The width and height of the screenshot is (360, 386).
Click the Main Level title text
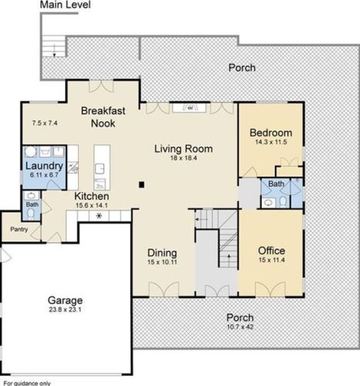[65, 5]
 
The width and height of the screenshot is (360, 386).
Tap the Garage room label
[65, 300]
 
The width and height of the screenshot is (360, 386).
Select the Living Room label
[183, 149]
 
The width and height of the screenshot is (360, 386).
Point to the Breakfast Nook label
[103, 117]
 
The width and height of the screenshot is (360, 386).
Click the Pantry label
[19, 229]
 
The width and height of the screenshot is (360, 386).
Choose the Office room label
[271, 251]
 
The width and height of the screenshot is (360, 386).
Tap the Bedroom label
[271, 133]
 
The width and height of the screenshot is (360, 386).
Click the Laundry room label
[44, 166]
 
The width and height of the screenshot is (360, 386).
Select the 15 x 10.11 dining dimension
[162, 262]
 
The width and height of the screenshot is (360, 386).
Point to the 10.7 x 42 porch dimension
[240, 327]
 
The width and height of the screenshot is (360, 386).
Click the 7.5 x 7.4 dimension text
[45, 123]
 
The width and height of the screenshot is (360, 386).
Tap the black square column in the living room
[141, 185]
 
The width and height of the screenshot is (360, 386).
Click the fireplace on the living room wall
[189, 107]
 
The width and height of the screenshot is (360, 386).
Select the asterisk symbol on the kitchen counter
[99, 216]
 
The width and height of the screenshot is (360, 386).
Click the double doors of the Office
[270, 289]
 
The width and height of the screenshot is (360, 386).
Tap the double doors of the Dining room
[164, 289]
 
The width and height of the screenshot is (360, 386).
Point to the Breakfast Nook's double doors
[101, 86]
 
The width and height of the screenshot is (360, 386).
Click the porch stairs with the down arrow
[54, 46]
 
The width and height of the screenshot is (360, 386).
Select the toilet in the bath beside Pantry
[31, 213]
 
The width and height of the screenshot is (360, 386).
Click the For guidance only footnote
[27, 384]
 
